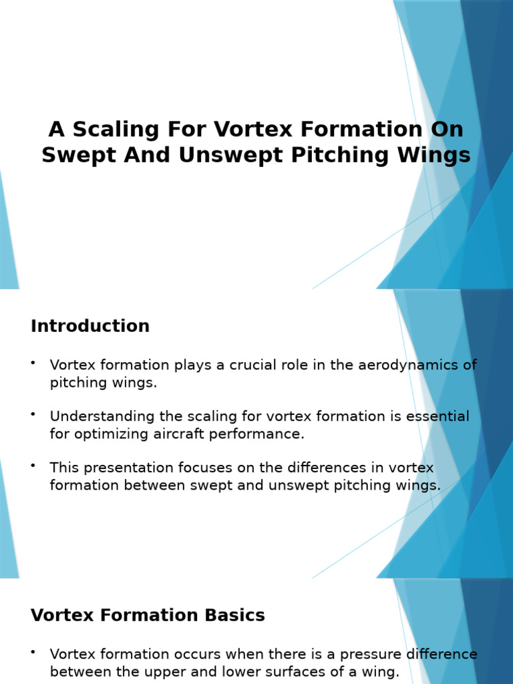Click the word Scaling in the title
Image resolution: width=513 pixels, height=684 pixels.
[114, 129]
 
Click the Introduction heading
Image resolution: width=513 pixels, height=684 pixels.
[90, 326]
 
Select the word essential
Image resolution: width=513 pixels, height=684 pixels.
[436, 417]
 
